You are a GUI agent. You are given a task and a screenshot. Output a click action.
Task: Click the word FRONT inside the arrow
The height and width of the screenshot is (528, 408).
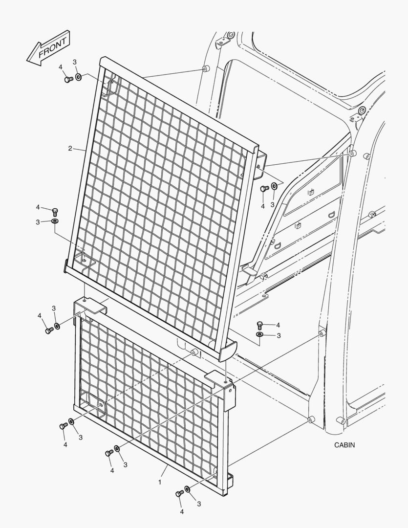tap(52, 47)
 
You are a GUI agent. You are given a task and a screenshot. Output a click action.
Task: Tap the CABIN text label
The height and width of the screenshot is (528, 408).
tap(344, 445)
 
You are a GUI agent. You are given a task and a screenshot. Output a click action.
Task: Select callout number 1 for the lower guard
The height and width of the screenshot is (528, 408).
tap(160, 482)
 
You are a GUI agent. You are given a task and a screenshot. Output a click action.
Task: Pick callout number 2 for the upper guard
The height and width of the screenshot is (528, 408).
tap(70, 148)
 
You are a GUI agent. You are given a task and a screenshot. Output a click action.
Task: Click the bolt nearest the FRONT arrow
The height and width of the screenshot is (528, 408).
tap(69, 80)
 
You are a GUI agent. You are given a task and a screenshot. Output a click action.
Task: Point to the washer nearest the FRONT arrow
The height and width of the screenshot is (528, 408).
tap(79, 77)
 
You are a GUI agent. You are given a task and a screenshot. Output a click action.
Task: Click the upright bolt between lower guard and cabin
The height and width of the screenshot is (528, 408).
tap(259, 325)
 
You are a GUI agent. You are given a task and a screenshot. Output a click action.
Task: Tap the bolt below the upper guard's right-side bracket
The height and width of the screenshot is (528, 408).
tap(265, 189)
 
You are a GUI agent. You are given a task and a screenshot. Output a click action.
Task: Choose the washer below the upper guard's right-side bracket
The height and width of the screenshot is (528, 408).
tap(274, 186)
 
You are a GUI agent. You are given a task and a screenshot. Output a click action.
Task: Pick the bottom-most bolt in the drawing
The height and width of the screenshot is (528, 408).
tap(180, 494)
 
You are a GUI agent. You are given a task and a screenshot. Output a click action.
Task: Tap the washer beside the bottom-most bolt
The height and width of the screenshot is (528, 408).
tap(188, 489)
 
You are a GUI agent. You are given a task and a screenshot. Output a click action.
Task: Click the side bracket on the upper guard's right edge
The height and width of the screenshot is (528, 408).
tap(260, 165)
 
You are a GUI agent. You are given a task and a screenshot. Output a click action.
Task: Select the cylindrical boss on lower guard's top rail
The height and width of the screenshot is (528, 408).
tap(194, 352)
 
